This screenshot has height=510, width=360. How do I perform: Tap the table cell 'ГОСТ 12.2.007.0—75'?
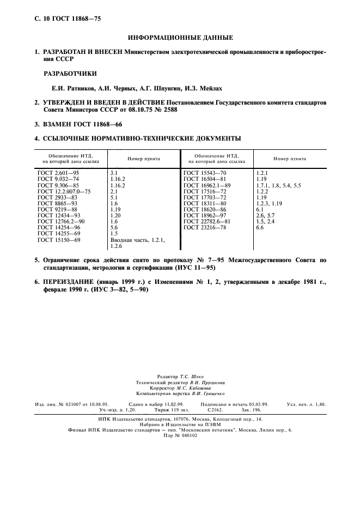pyautogui.click(x=64, y=192)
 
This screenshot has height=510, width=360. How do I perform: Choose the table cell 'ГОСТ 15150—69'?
pyautogui.click(x=59, y=240)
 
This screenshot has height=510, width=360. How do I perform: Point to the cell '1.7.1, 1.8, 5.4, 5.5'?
pyautogui.click(x=278, y=186)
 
